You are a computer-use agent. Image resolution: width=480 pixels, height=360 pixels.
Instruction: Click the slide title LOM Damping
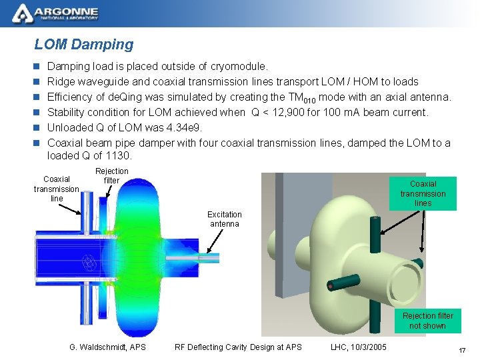(x=84, y=45)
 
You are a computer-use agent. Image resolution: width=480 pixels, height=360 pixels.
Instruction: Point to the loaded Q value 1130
(x=118, y=156)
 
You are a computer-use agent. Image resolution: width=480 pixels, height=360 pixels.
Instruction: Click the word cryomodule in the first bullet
(x=238, y=67)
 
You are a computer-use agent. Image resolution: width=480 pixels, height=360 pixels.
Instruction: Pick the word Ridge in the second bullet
(x=61, y=82)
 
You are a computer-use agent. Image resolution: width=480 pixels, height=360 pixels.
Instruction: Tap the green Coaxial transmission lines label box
(x=423, y=193)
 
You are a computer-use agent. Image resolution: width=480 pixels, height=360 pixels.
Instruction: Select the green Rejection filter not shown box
(x=427, y=321)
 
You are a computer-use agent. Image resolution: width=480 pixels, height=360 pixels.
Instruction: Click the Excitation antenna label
(x=225, y=219)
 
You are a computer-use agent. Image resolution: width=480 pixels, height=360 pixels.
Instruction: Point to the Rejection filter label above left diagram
(x=111, y=176)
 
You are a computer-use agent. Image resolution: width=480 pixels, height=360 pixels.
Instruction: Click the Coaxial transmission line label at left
(x=57, y=189)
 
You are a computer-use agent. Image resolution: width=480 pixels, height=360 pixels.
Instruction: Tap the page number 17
(x=461, y=351)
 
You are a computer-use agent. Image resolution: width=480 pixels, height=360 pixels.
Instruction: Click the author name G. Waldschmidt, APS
(x=107, y=347)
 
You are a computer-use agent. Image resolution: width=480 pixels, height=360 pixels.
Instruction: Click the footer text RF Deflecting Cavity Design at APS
(x=238, y=347)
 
